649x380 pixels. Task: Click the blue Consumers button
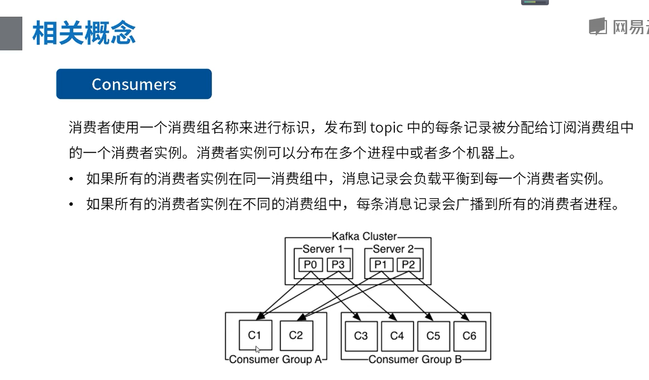[x=134, y=84]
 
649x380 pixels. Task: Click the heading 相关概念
[x=84, y=33]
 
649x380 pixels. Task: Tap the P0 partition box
[x=310, y=265]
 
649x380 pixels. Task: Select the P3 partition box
[x=338, y=265]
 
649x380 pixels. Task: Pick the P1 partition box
[x=381, y=265]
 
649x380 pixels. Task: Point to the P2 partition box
[x=408, y=265]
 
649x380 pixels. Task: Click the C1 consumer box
[x=255, y=335]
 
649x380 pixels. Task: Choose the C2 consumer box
[x=296, y=335]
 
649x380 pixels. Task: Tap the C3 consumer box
[x=361, y=336]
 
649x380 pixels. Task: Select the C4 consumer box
[x=397, y=336]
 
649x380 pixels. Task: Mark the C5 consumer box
[x=433, y=336]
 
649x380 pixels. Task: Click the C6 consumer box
[x=470, y=336]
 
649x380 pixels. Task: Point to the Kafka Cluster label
[x=364, y=237]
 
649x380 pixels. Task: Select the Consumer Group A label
[x=275, y=359]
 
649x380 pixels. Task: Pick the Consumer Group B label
[x=415, y=359]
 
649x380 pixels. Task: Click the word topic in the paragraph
[x=386, y=128]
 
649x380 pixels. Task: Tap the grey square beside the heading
[x=11, y=33]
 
